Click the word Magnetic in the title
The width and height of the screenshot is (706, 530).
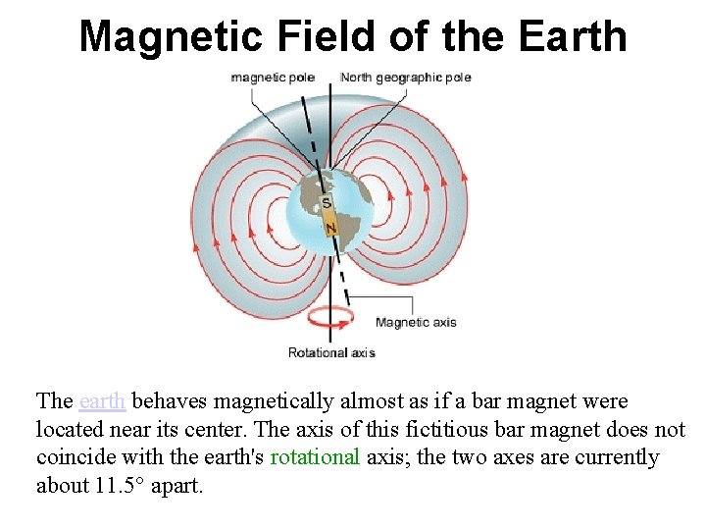171,36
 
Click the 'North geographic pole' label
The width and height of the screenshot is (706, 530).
406,78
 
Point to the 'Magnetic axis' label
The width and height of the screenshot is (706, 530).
416,322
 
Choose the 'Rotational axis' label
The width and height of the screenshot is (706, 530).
330,352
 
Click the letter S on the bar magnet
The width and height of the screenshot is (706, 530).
328,204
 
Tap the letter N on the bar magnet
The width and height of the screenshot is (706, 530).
330,228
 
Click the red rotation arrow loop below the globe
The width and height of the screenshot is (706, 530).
329,319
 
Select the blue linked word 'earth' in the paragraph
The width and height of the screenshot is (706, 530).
102,401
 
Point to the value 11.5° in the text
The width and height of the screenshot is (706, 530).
120,486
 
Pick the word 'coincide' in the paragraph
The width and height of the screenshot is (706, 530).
76,457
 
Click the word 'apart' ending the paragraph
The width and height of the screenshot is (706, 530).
175,486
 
